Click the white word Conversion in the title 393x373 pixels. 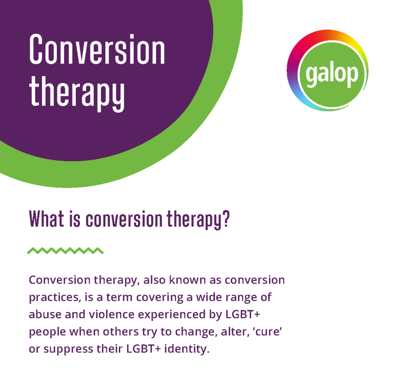(97, 49)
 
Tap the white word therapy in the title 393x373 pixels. (77, 93)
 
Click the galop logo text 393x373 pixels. (332, 75)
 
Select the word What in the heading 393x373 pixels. (47, 219)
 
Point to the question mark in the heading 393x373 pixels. (226, 218)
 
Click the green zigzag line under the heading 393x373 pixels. (65, 251)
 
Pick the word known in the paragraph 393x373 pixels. (187, 280)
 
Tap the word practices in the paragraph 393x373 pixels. (55, 298)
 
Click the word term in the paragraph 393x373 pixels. (119, 297)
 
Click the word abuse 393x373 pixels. (45, 314)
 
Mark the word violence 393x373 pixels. (112, 314)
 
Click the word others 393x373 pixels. (121, 332)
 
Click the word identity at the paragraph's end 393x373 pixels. (187, 349)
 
